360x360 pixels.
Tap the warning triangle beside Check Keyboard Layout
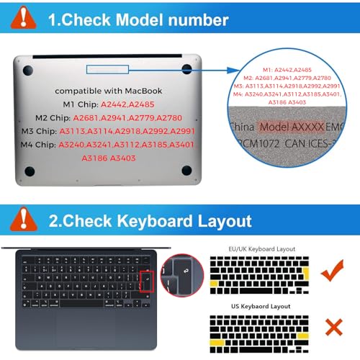click(x=24, y=220)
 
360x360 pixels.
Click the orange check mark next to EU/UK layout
click(x=332, y=272)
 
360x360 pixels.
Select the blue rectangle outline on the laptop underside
click(x=106, y=69)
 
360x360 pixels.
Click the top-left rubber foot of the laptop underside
click(x=30, y=71)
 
